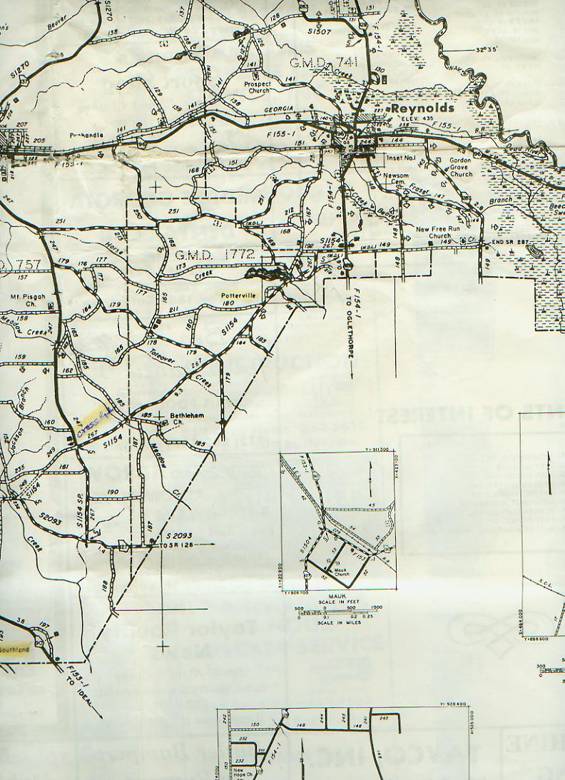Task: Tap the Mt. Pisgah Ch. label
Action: coord(27,300)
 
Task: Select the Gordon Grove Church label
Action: coord(461,168)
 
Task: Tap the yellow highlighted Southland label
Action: coord(14,650)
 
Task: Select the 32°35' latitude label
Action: coord(489,51)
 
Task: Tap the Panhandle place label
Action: coord(86,135)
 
